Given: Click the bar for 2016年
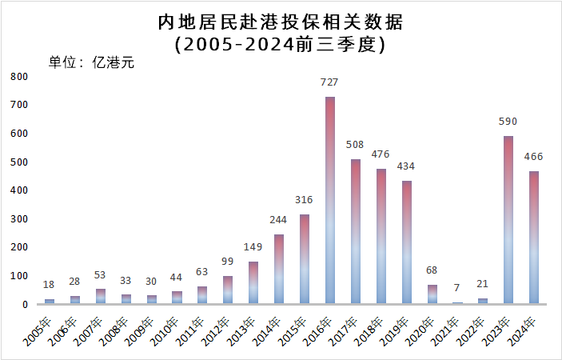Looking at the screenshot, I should tap(329, 200).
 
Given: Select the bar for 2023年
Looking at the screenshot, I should tap(508, 220).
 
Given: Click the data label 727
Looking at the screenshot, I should tap(329, 82).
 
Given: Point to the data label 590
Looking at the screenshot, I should tap(508, 122).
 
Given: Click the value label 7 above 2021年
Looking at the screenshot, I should tap(456, 288).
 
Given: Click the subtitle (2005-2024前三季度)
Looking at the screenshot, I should tap(281, 44).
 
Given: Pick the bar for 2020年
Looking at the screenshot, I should tap(432, 294).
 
